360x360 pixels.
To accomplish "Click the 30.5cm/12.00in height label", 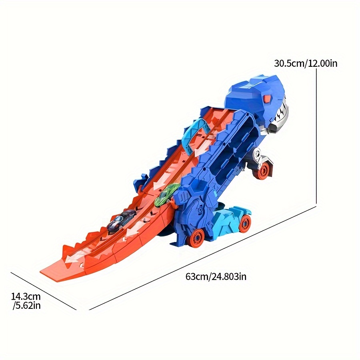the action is click(306, 63).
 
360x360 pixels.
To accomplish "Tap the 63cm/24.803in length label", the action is click(216, 276).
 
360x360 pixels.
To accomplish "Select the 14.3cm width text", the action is click(26, 297).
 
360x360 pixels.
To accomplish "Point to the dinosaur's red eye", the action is click(267, 99).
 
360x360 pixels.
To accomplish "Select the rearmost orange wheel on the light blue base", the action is click(246, 222).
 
